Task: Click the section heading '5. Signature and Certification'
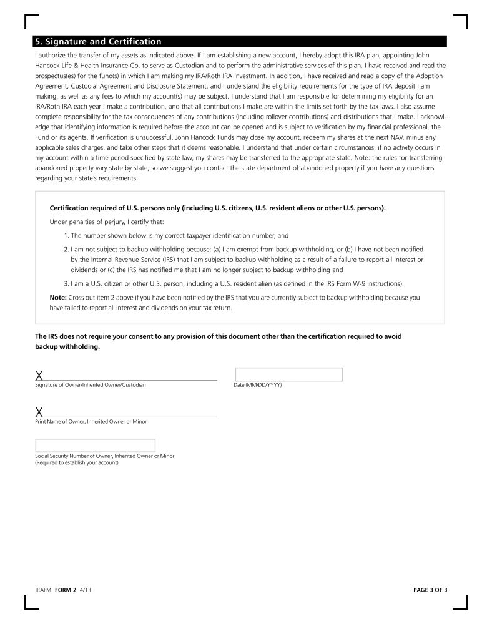99,42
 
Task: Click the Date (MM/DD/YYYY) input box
288,374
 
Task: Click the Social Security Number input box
95,446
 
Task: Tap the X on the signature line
39,375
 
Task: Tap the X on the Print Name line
39,411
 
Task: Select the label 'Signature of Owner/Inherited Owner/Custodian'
91,385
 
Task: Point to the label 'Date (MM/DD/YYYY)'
258,385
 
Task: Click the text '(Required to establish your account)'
77,462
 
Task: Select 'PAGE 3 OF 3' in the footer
430,588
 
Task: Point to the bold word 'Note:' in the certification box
58,297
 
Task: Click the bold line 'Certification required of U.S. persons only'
217,208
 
